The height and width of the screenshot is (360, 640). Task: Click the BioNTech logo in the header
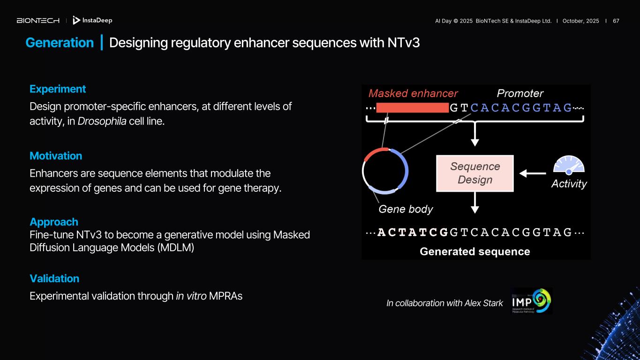coord(38,21)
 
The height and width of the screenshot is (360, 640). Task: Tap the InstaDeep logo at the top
coord(92,21)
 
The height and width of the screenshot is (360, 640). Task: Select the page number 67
coord(616,21)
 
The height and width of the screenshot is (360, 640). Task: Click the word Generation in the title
coord(60,43)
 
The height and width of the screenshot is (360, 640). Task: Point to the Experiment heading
coord(58,89)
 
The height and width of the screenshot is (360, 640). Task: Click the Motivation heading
coord(56,156)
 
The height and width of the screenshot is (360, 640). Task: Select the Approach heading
coord(54,222)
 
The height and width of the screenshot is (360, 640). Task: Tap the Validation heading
coord(54,278)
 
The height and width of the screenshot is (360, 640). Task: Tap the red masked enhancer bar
coord(412,108)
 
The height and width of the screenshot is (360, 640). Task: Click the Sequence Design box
coord(475,173)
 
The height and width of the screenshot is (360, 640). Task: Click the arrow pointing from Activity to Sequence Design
coord(533,173)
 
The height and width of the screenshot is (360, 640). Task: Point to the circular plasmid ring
coord(385,171)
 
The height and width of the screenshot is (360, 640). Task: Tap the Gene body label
coord(406,209)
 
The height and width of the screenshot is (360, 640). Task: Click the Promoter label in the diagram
coord(520,93)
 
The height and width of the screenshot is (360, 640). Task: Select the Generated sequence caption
coord(474,252)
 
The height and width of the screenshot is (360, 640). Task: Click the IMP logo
coord(532,301)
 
